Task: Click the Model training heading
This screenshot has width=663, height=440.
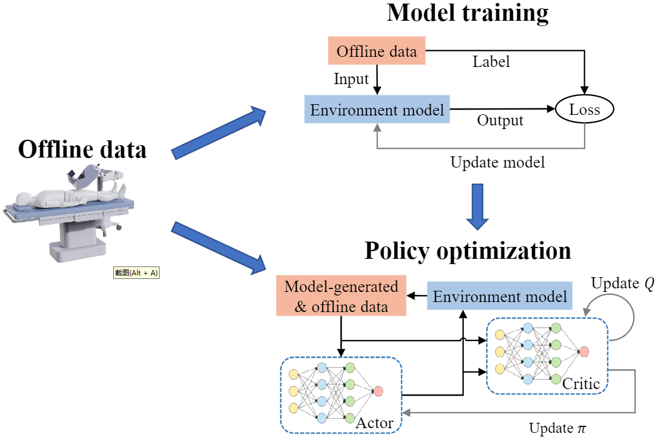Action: pos(467,13)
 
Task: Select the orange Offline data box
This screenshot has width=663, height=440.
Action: pos(377,52)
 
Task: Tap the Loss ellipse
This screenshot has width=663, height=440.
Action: pos(584,110)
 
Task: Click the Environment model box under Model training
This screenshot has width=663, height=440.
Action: pos(377,110)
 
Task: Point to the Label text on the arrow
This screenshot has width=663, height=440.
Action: pos(491,62)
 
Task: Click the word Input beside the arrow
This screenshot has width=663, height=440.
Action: pos(351,79)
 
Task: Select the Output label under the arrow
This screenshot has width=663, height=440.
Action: pos(501,121)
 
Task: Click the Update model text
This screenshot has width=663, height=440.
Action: pos(498,162)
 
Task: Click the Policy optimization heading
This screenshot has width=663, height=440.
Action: pos(467,250)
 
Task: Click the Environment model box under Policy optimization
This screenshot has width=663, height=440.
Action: pos(500,296)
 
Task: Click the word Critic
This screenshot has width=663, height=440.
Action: pos(581,384)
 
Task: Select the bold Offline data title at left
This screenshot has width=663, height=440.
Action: pos(82,149)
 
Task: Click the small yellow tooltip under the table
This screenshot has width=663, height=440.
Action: pos(136,272)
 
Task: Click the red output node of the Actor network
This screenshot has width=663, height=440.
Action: pos(378,391)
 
